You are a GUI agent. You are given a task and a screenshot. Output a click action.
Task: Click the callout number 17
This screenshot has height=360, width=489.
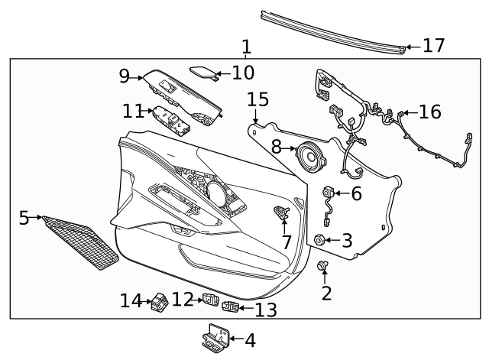click(433, 46)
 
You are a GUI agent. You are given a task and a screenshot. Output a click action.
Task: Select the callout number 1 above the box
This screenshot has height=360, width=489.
click(246, 47)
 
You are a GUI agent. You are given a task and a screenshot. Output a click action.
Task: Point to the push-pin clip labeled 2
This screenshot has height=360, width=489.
click(323, 267)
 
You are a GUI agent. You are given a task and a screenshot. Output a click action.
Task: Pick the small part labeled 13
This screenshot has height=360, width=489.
click(232, 307)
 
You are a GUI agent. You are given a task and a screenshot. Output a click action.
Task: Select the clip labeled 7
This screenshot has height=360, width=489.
click(281, 213)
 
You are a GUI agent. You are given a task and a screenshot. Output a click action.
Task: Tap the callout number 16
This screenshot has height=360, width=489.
click(429, 112)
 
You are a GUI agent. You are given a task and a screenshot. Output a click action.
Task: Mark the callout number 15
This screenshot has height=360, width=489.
click(257, 99)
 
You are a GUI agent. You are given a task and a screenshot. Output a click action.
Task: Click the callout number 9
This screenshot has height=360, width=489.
click(125, 76)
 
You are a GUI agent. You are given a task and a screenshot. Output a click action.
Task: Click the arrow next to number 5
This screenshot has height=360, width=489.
click(37, 218)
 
